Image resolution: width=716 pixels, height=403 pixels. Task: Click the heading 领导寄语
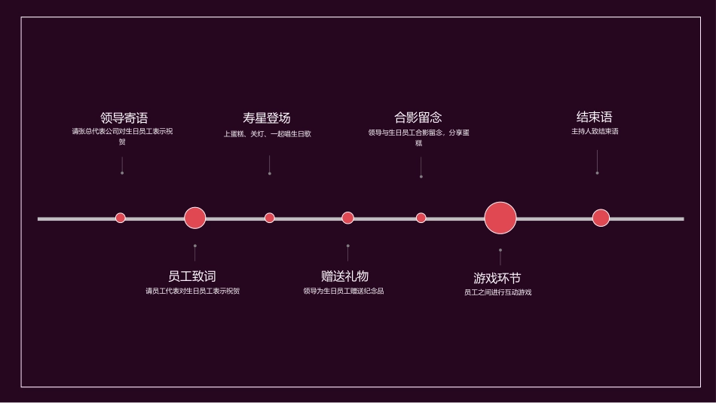pyautogui.click(x=124, y=118)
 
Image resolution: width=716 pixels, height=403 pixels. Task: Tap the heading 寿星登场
pyautogui.click(x=266, y=118)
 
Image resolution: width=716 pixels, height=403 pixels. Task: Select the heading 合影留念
pyautogui.click(x=418, y=118)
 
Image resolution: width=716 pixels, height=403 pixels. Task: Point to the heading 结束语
pyautogui.click(x=594, y=117)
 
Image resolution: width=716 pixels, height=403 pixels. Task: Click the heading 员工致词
pyautogui.click(x=191, y=276)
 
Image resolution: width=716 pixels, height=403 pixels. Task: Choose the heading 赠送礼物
pyautogui.click(x=344, y=276)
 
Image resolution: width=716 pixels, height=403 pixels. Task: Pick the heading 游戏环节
pyautogui.click(x=497, y=278)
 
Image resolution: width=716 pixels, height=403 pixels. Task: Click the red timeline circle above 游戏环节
pyautogui.click(x=500, y=218)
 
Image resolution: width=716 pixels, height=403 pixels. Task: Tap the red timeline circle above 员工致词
pyautogui.click(x=194, y=218)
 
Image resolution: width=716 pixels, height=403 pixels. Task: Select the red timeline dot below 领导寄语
pyautogui.click(x=121, y=218)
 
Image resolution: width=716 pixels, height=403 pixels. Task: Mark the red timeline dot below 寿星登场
pyautogui.click(x=269, y=218)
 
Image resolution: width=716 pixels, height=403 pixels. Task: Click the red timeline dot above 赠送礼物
pyautogui.click(x=347, y=218)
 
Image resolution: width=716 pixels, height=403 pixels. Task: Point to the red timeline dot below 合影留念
pyautogui.click(x=421, y=218)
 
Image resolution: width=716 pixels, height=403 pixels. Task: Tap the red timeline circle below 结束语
pyautogui.click(x=600, y=218)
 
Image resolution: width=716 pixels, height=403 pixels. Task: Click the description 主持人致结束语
pyautogui.click(x=594, y=132)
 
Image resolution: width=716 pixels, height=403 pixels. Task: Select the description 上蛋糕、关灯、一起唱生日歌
pyautogui.click(x=267, y=134)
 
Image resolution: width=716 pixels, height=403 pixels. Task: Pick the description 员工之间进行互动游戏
pyautogui.click(x=497, y=292)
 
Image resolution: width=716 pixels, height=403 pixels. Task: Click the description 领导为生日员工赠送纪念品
pyautogui.click(x=343, y=291)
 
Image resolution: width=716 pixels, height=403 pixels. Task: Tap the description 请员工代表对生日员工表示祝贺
pyautogui.click(x=192, y=291)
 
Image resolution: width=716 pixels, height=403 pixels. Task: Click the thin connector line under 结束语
pyautogui.click(x=597, y=161)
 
